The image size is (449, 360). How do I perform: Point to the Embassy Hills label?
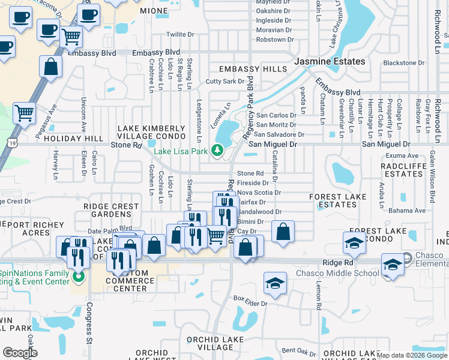(x=253, y=69)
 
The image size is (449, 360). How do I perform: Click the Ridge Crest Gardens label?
(x=111, y=210)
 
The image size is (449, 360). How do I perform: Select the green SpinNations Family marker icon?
(x=77, y=277)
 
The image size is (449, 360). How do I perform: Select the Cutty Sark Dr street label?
(x=225, y=82)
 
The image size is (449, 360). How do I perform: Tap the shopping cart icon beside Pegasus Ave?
(x=24, y=112)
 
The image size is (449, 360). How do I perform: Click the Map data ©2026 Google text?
(x=411, y=355)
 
